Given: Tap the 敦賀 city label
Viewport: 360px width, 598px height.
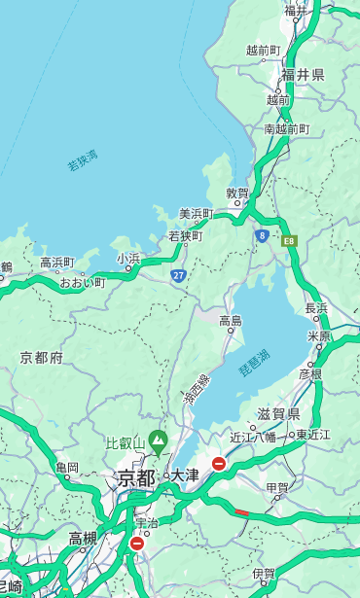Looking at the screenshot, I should click(x=238, y=193).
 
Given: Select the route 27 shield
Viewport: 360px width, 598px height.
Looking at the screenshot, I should click(x=179, y=275).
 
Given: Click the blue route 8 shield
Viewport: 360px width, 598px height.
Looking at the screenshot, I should click(x=262, y=235).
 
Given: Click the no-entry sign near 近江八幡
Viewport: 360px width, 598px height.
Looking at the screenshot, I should click(x=219, y=464).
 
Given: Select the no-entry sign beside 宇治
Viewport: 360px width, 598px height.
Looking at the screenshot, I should click(x=136, y=544).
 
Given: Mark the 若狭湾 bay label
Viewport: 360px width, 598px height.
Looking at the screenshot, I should click(x=82, y=160).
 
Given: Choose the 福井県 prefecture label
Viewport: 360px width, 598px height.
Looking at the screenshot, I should click(x=303, y=75).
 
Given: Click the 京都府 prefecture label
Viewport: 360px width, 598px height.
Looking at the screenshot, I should click(x=42, y=358).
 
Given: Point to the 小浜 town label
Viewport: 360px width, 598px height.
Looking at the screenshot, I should click(x=128, y=258).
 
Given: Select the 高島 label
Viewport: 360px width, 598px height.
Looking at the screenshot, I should click(x=231, y=321).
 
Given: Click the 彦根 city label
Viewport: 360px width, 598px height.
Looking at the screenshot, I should click(x=310, y=372).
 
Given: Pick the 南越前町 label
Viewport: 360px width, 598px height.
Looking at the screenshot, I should click(x=287, y=128).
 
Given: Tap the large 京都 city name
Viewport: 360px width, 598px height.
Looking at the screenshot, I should click(x=136, y=477).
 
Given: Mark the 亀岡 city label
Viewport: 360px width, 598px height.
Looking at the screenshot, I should click(x=67, y=468).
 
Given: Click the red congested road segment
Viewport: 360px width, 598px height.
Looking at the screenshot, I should click(x=241, y=511).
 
